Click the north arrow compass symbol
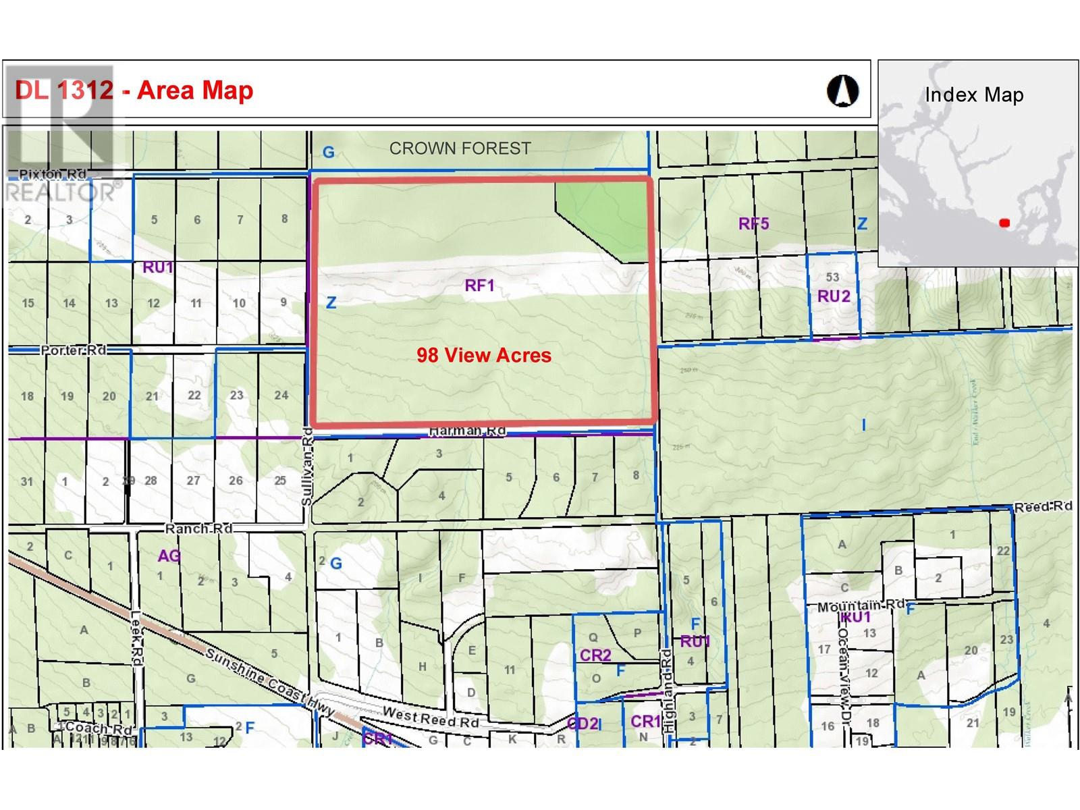[x=842, y=90]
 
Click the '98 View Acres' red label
[x=484, y=355]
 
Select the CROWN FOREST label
[x=460, y=148]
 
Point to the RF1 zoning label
[x=480, y=286]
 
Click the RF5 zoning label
[x=753, y=223]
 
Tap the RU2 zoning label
[x=834, y=296]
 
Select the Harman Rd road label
[x=467, y=431]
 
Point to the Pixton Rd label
[x=52, y=174]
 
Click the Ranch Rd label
[x=198, y=528]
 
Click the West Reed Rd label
[x=431, y=717]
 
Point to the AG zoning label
[x=169, y=556]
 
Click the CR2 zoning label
[x=595, y=655]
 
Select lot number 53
[x=832, y=277]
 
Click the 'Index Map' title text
[x=974, y=95]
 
